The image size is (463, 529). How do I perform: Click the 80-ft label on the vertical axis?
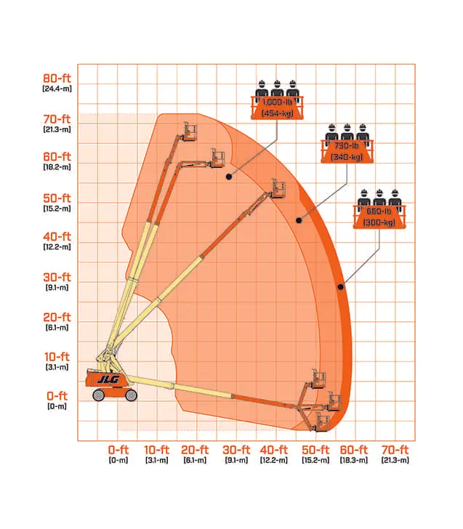pyautogui.click(x=57, y=78)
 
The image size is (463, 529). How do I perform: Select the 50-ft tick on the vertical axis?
pyautogui.click(x=57, y=198)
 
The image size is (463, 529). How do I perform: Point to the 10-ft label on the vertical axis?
pyautogui.click(x=57, y=357)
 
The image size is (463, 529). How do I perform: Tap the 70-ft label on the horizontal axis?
pyautogui.click(x=395, y=450)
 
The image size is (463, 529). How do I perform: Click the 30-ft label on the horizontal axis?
pyautogui.click(x=236, y=450)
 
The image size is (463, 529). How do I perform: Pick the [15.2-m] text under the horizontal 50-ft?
pyautogui.click(x=315, y=460)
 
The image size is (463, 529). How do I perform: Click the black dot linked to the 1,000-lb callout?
pyautogui.click(x=229, y=177)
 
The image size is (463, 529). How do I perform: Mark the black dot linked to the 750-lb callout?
pyautogui.click(x=299, y=220)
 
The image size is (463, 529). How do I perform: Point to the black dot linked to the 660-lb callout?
pyautogui.click(x=340, y=287)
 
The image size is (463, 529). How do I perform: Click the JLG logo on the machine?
pyautogui.click(x=108, y=380)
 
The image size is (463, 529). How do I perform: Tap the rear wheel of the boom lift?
pyautogui.click(x=99, y=395)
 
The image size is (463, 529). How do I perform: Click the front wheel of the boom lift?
pyautogui.click(x=131, y=395)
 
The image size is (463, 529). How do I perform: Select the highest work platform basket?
pyautogui.click(x=190, y=132)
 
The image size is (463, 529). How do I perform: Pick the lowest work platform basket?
pyautogui.click(x=322, y=422)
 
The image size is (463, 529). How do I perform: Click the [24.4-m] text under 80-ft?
pyautogui.click(x=57, y=89)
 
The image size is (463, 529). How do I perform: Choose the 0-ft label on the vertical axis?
pyautogui.click(x=57, y=396)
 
